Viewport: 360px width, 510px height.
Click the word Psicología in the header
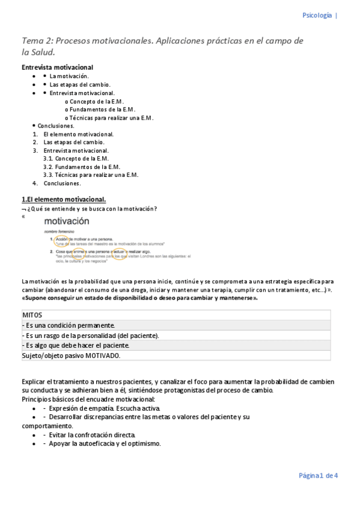pyautogui.click(x=316, y=16)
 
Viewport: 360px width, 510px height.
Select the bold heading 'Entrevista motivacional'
pyautogui.click(x=57, y=67)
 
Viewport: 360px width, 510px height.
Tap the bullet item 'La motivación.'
pyautogui.click(x=69, y=76)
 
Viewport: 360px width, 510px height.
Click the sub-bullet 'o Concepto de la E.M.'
pyautogui.click(x=95, y=102)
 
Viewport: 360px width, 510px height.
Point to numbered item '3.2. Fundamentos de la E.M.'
pyautogui.click(x=82, y=167)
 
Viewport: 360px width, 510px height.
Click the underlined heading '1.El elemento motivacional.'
pyautogui.click(x=64, y=199)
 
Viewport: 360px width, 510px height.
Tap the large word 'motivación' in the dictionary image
pyautogui.click(x=67, y=222)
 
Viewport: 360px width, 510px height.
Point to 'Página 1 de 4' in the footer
pyautogui.click(x=318, y=476)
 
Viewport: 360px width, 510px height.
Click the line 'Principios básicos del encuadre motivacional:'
pyautogui.click(x=88, y=399)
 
